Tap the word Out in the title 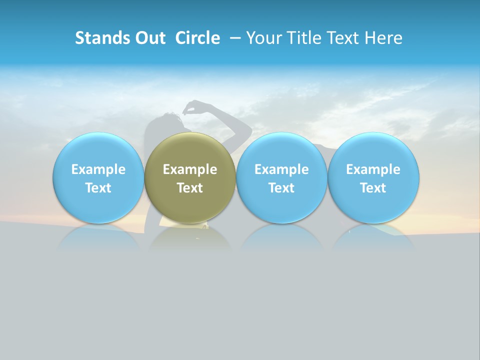tap(148, 38)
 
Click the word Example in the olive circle tap(190, 169)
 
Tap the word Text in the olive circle tap(190, 188)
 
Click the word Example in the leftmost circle tap(98, 169)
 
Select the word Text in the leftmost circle tap(98, 188)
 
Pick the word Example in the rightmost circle tap(373, 169)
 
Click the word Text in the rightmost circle tap(373, 188)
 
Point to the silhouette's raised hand tap(192, 106)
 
